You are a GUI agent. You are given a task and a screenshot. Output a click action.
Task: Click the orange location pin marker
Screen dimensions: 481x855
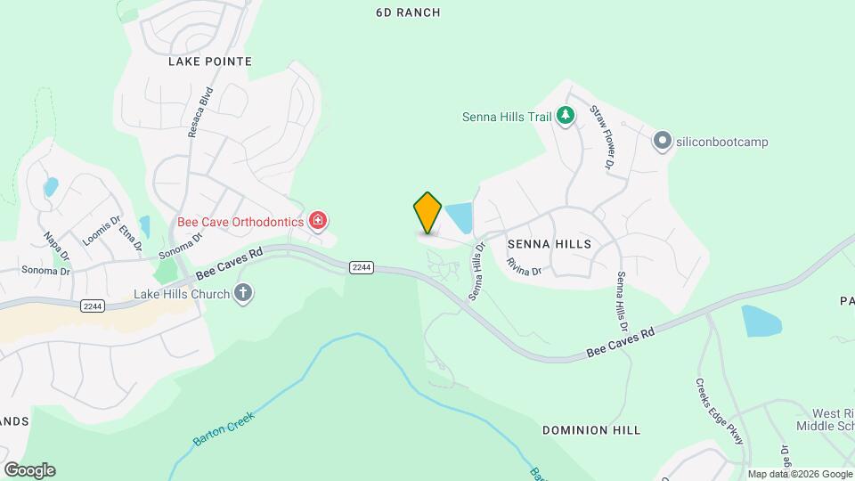(x=427, y=212)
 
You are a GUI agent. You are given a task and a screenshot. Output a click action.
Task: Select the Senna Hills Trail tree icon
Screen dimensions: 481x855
(x=565, y=115)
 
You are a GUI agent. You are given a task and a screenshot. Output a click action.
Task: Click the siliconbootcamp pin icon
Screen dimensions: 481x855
(x=662, y=141)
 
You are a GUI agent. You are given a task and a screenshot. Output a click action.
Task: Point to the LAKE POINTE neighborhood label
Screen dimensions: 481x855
(x=210, y=61)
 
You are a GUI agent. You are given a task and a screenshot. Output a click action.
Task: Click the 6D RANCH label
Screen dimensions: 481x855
(x=408, y=12)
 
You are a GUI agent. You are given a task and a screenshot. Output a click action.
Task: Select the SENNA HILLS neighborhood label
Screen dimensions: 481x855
(x=550, y=243)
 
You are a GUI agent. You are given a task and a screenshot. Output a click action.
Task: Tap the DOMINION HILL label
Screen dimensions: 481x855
(x=591, y=430)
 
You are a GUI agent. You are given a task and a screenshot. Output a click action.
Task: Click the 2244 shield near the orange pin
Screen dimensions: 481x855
(x=361, y=267)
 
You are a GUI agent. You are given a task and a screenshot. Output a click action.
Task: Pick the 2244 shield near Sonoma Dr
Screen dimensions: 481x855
(x=92, y=306)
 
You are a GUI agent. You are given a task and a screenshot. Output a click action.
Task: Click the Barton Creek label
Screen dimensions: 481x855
(x=223, y=428)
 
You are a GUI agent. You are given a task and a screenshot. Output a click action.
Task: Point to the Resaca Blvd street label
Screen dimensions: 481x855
(x=199, y=112)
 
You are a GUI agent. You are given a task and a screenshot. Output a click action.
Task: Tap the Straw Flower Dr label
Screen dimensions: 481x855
(x=603, y=138)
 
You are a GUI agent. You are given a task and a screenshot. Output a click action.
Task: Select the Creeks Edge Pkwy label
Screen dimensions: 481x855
(x=719, y=412)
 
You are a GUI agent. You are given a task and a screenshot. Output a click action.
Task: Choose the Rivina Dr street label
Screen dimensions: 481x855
(x=524, y=265)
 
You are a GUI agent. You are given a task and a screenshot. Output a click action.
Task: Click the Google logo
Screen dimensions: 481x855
(x=29, y=469)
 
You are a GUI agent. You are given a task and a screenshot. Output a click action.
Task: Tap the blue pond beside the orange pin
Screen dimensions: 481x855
(x=459, y=217)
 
